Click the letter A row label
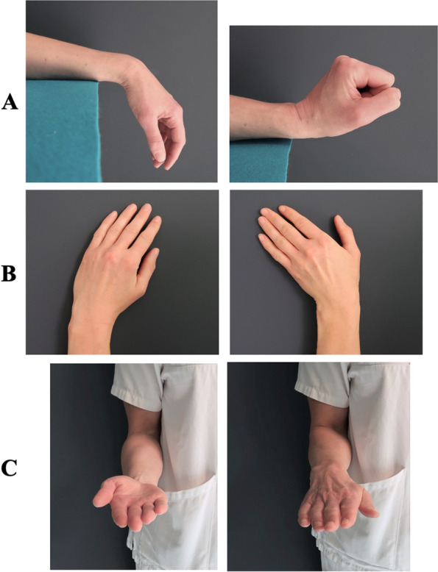[x=10, y=102]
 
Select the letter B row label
[x=10, y=274]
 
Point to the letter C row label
[x=10, y=467]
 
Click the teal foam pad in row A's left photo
[x=59, y=132]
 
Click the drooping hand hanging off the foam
[x=162, y=132]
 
